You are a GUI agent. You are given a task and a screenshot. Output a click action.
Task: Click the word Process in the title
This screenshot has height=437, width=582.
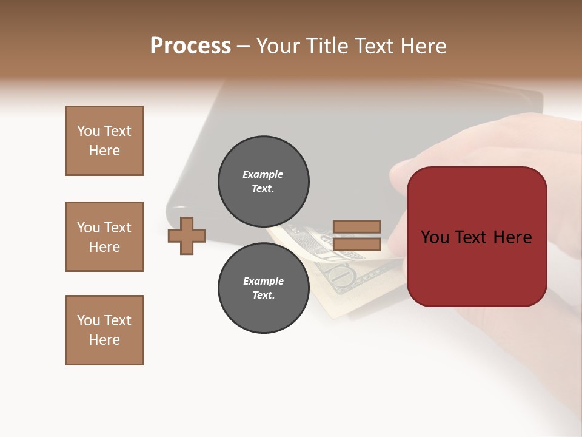tap(190, 46)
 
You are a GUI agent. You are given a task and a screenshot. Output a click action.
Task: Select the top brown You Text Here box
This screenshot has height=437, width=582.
tap(104, 141)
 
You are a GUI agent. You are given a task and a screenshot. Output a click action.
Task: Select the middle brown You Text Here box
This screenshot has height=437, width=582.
tap(104, 237)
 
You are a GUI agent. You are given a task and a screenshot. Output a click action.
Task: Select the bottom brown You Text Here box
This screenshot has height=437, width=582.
tap(104, 330)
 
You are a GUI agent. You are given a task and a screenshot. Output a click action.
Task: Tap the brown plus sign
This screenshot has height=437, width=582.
tap(187, 235)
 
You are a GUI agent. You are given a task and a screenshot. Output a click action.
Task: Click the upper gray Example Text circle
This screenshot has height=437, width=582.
tap(264, 181)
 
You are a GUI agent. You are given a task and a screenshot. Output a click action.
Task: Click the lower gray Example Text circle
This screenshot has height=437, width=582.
tap(264, 288)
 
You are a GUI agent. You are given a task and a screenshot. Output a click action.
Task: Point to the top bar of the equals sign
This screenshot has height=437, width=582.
tap(356, 226)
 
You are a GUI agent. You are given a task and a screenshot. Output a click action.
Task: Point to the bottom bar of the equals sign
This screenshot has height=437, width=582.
tap(356, 245)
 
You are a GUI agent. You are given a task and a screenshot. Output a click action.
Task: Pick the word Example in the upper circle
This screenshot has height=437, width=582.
tap(263, 174)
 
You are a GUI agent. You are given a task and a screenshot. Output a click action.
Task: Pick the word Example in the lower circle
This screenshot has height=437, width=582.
tap(263, 281)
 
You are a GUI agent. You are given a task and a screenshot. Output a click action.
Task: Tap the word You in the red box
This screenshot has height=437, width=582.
tap(435, 237)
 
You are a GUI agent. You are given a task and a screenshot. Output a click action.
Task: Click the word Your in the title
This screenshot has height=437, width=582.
tap(278, 46)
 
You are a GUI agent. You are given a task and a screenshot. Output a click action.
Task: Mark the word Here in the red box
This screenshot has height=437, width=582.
tap(512, 237)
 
